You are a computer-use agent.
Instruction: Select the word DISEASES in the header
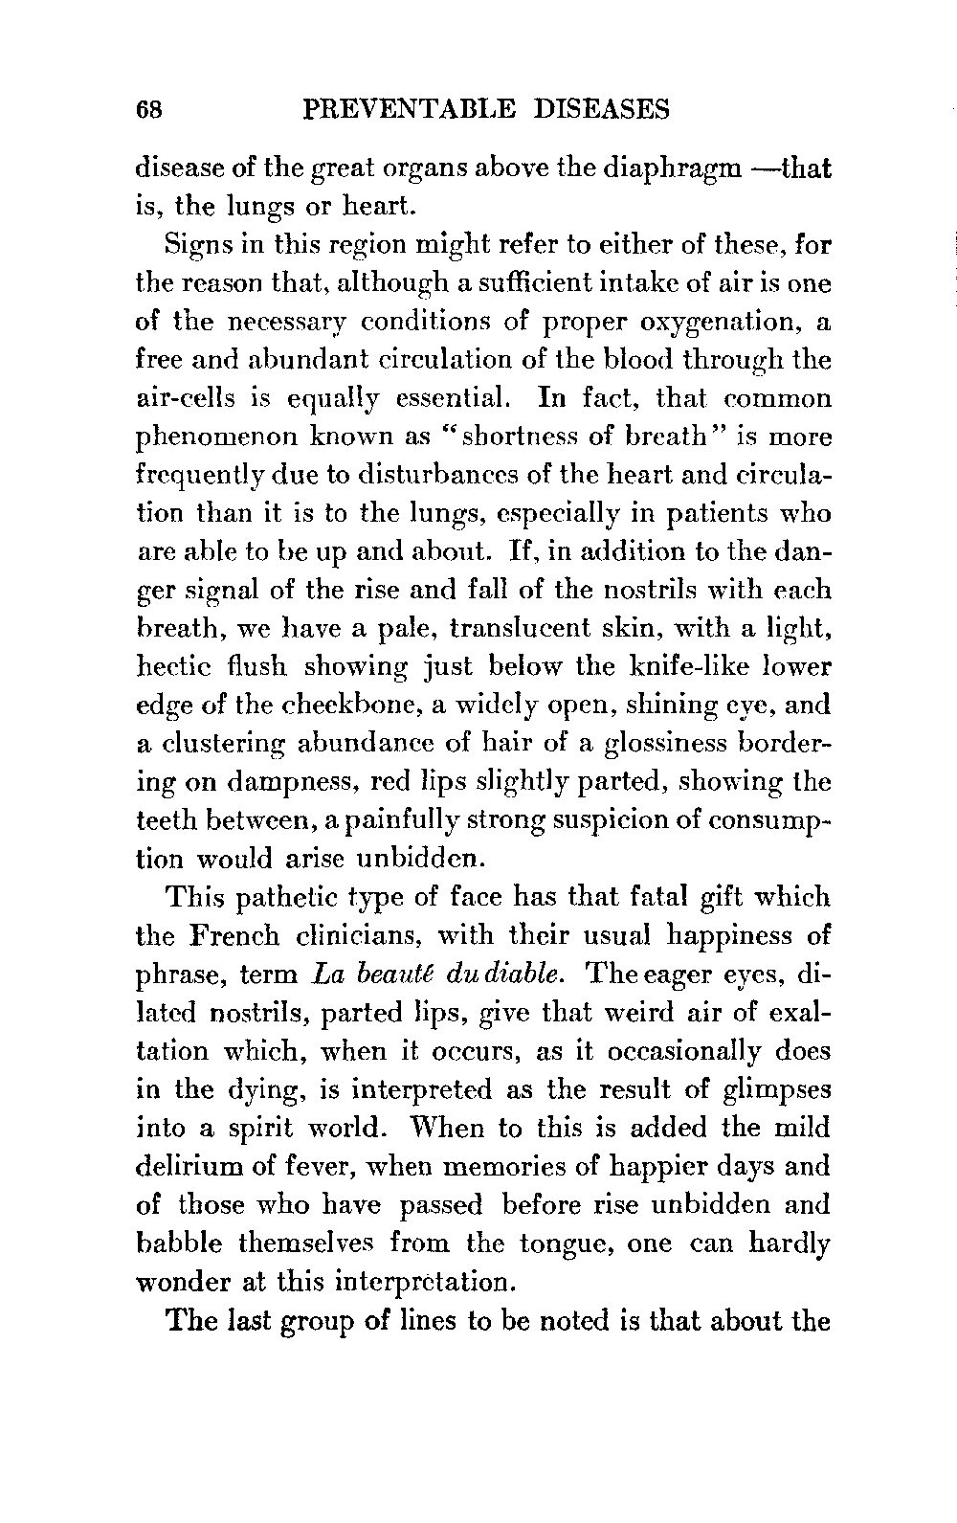598,110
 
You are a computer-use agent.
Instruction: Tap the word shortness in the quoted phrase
518,437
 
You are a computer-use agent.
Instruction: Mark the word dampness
278,782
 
